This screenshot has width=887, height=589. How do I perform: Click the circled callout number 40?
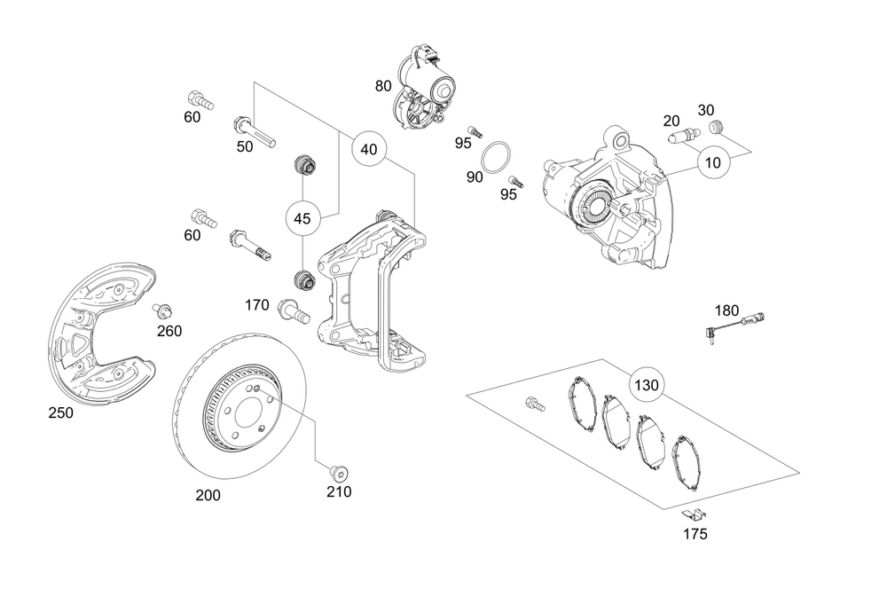pyautogui.click(x=369, y=150)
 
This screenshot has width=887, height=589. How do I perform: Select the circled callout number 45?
pyautogui.click(x=302, y=218)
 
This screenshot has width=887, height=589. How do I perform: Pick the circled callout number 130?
pyautogui.click(x=647, y=386)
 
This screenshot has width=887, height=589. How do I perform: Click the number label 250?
pyautogui.click(x=61, y=412)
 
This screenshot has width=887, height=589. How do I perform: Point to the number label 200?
pyautogui.click(x=208, y=495)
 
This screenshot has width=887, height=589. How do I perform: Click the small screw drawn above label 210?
pyautogui.click(x=337, y=471)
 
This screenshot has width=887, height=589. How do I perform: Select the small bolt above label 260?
pyautogui.click(x=162, y=311)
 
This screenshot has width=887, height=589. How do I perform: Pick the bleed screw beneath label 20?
pyautogui.click(x=683, y=137)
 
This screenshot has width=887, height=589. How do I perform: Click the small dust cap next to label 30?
pyautogui.click(x=718, y=128)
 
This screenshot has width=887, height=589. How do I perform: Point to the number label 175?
pyautogui.click(x=695, y=534)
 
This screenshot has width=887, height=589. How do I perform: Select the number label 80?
pyautogui.click(x=383, y=86)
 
